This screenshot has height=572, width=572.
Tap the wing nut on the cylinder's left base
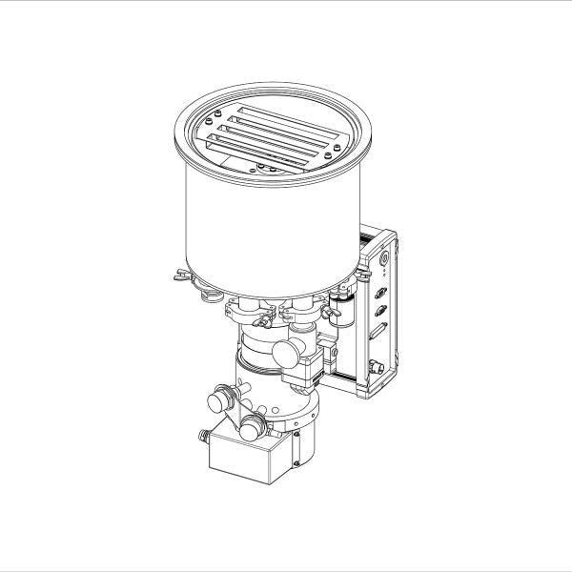click(178, 278)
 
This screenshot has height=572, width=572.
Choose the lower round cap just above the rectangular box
click(253, 423)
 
